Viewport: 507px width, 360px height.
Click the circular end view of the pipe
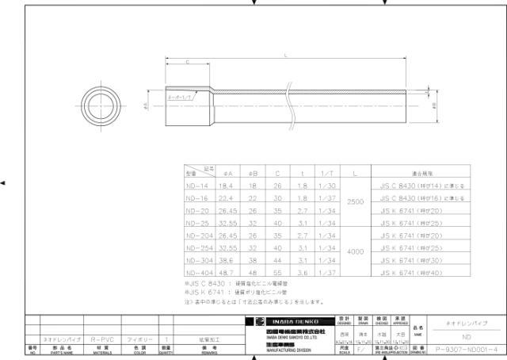click(103, 104)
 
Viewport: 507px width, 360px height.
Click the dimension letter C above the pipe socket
click(187, 61)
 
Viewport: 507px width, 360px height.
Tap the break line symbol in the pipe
click(295, 104)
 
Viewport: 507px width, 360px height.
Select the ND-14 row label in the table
click(196, 183)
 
